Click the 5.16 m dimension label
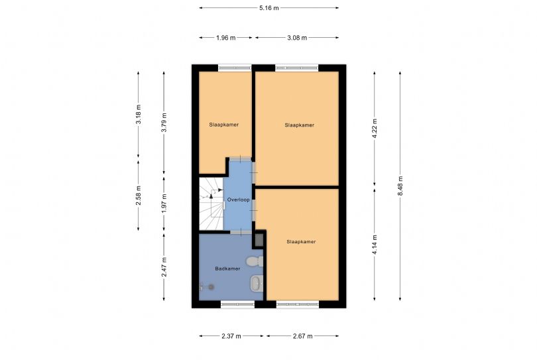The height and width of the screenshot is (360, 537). [269, 8]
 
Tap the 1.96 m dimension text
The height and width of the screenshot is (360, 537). [225, 38]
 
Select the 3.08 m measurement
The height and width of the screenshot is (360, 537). [297, 38]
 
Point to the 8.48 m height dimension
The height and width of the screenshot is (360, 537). [400, 186]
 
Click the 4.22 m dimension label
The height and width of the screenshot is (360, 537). [375, 129]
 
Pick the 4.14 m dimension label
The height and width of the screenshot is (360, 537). [375, 245]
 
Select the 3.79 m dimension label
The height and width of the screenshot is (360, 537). [164, 123]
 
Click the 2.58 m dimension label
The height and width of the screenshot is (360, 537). [139, 196]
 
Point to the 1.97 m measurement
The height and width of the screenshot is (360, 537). [164, 204]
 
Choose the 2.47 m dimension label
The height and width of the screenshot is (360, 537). [164, 267]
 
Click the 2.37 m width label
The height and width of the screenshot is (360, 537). [231, 336]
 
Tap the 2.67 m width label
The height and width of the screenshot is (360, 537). [303, 336]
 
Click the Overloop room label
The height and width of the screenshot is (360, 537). [239, 200]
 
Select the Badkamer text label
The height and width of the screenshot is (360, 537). [227, 269]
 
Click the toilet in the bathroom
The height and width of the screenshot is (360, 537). [255, 262]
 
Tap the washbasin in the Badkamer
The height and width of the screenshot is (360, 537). [256, 284]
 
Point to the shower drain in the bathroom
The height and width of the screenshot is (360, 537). [211, 287]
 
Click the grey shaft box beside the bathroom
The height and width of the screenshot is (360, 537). [259, 240]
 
